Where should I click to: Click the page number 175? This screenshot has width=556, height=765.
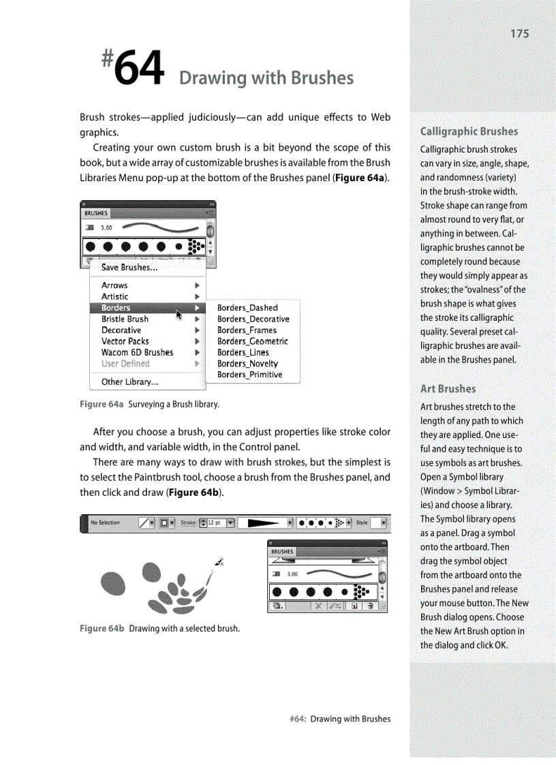click(x=519, y=33)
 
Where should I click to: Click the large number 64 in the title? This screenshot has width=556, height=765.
click(x=139, y=70)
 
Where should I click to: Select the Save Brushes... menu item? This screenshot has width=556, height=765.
click(x=129, y=268)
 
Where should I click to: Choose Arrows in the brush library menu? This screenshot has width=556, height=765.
click(x=114, y=285)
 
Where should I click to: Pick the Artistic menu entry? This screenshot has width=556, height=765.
click(x=114, y=296)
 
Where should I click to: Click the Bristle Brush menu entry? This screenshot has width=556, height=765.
click(x=125, y=319)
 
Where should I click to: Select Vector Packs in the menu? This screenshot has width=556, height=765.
click(x=125, y=341)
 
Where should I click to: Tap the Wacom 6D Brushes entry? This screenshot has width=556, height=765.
click(x=137, y=352)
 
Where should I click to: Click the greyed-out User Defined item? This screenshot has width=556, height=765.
click(x=125, y=364)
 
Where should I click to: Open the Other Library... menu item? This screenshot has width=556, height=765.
click(x=129, y=381)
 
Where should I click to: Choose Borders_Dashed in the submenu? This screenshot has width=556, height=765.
click(x=247, y=308)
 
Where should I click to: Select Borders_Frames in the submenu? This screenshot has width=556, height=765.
click(x=247, y=330)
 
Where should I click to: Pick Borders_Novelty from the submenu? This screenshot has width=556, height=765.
click(x=247, y=364)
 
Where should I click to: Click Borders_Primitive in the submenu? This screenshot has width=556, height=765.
click(x=249, y=375)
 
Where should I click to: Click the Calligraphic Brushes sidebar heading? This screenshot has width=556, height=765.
click(x=469, y=131)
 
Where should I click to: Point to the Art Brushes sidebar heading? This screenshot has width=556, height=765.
click(x=448, y=389)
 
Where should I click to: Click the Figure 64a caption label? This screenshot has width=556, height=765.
click(x=102, y=405)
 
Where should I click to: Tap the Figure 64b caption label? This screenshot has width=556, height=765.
click(x=102, y=628)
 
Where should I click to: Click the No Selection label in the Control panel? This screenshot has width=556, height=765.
click(x=105, y=523)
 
